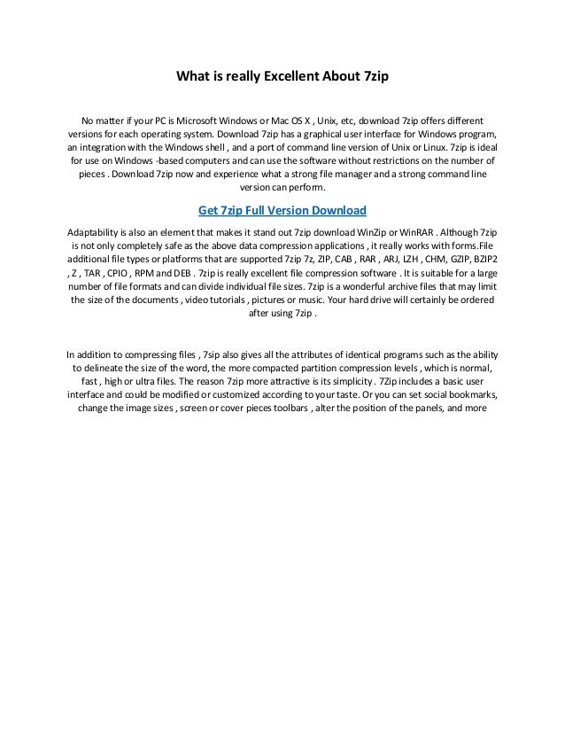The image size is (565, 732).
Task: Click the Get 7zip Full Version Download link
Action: click(282, 211)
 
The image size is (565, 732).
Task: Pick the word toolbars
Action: click(282, 409)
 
